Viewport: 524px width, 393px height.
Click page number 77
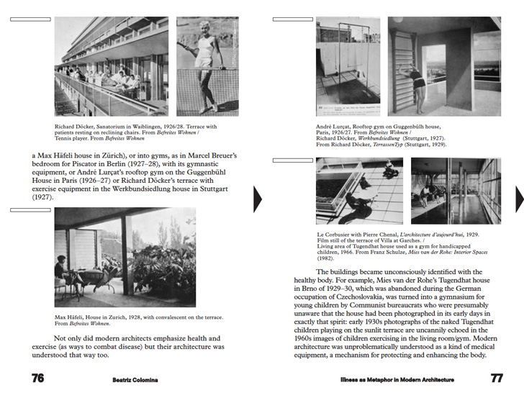pyautogui.click(x=497, y=378)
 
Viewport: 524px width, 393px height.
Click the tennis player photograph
pyautogui.click(x=207, y=66)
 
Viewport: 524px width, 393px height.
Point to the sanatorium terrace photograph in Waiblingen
pyautogui.click(x=111, y=66)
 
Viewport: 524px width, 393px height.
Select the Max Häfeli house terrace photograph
pyautogui.click(x=125, y=258)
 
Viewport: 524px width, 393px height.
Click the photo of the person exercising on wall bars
pyautogui.click(x=444, y=66)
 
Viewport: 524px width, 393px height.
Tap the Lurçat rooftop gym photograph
pyautogui.click(x=348, y=66)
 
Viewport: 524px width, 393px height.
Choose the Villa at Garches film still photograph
pyautogui.click(x=359, y=190)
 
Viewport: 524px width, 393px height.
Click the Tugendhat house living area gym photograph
pyautogui.click(x=455, y=190)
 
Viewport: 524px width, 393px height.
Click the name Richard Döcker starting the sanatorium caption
pyautogui.click(x=73, y=127)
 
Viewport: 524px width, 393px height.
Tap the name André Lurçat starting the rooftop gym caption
pyautogui.click(x=333, y=127)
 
